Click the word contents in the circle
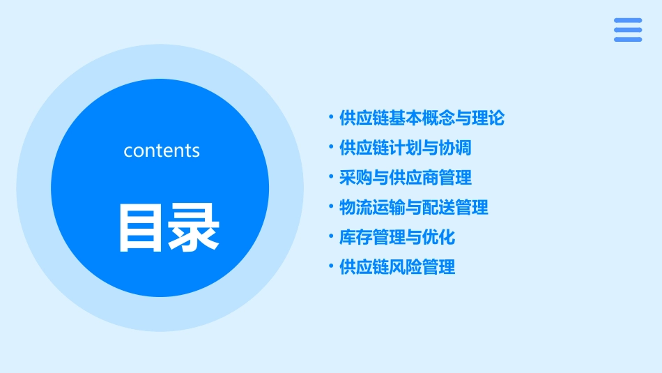[162, 151]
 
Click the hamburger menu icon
[628, 30]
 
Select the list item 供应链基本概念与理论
[422, 118]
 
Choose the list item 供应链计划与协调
[405, 148]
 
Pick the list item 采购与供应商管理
[405, 178]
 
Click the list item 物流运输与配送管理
[413, 207]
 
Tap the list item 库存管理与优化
[397, 237]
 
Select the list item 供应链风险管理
[397, 267]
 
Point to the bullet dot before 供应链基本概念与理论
[331, 117]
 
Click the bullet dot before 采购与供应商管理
[331, 177]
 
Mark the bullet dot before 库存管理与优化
[331, 236]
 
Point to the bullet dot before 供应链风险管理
[331, 266]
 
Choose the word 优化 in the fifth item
[438, 237]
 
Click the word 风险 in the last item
[405, 267]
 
